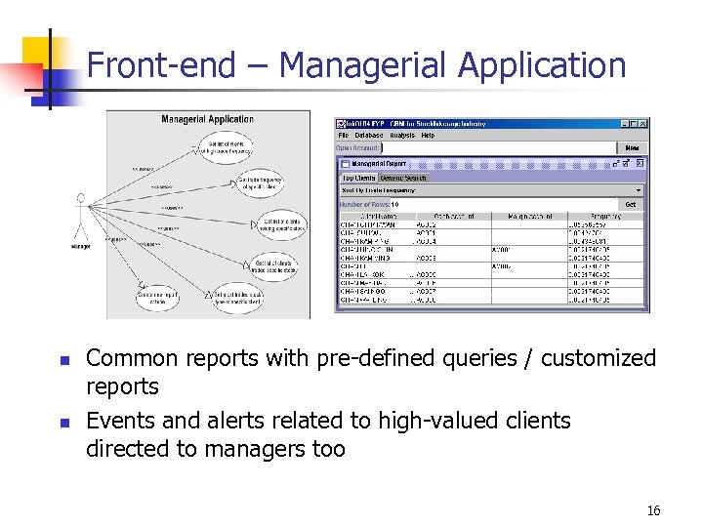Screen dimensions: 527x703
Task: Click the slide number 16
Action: pos(653,511)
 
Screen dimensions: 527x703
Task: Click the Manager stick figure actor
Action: pos(81,220)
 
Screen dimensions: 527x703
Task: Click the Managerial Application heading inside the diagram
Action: pos(207,120)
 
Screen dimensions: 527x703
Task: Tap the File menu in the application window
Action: pos(345,136)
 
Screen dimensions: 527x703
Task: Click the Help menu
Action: pos(429,136)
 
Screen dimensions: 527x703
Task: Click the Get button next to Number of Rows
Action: pos(631,204)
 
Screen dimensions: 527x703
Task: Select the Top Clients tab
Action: pos(357,178)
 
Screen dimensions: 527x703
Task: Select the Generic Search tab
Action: pos(403,178)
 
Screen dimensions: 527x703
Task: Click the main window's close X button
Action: pos(642,124)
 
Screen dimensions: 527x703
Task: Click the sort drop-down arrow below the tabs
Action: pos(640,190)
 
